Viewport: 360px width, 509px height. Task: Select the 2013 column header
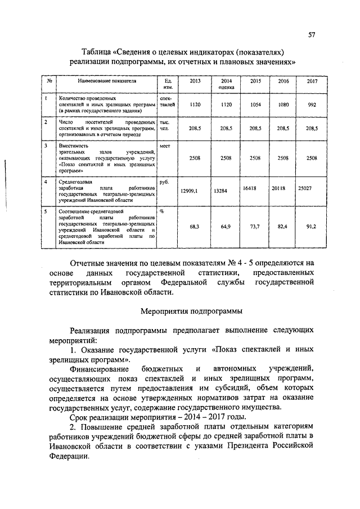click(x=195, y=82)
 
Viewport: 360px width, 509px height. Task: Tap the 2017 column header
click(x=312, y=82)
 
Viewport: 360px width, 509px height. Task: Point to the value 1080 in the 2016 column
click(x=283, y=104)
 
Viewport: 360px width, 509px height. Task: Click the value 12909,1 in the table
click(x=190, y=191)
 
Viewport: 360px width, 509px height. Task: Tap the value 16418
click(x=250, y=189)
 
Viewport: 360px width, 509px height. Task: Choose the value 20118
click(x=279, y=189)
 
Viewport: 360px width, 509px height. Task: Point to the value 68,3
click(x=195, y=226)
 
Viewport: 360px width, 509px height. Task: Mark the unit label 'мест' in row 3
click(x=165, y=145)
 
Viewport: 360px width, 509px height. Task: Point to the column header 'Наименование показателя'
click(x=107, y=82)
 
